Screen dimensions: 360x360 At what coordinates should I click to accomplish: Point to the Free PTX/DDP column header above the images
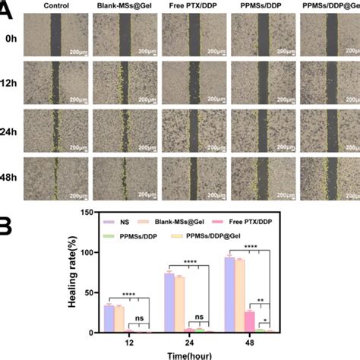(x=191, y=6)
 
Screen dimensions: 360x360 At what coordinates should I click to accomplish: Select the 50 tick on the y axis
(x=91, y=292)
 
